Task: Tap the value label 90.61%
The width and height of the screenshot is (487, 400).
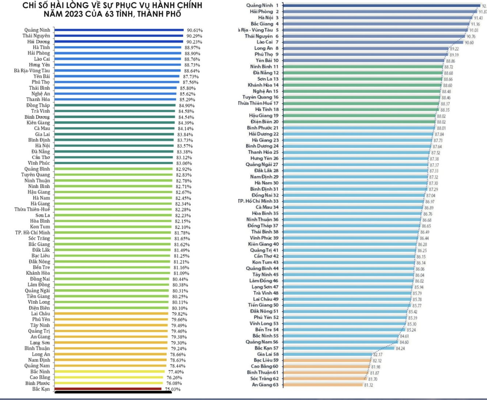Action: coord(194,30)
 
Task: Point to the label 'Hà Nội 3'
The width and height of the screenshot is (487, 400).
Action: coord(268,18)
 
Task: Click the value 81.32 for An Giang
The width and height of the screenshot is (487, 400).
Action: coord(370,385)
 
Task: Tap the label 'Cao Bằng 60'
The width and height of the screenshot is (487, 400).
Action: coord(264,366)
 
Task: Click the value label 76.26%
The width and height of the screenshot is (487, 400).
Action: coord(173,377)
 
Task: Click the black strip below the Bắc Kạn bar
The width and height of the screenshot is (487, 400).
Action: coord(110,392)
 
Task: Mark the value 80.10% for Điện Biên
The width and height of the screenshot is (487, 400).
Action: coord(180,308)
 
